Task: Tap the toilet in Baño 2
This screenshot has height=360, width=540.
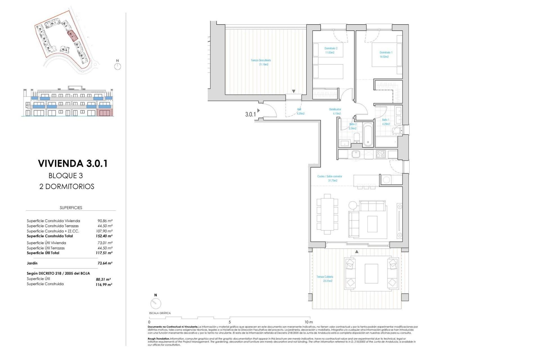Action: click(357, 138)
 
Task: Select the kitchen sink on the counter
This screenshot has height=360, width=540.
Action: click(355, 154)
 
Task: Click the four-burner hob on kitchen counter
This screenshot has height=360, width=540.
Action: click(380, 154)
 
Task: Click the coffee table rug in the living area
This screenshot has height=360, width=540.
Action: click(372, 224)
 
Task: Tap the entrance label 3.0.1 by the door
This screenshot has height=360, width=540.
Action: click(250, 114)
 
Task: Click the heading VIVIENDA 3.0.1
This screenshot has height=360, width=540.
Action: click(73, 163)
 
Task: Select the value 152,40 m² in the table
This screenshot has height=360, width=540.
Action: click(104, 236)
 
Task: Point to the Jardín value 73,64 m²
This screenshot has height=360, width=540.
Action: click(105, 263)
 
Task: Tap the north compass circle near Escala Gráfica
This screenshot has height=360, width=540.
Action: click(156, 303)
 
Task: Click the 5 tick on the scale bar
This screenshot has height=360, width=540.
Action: click(230, 322)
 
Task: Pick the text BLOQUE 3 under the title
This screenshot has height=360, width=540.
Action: click(66, 176)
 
